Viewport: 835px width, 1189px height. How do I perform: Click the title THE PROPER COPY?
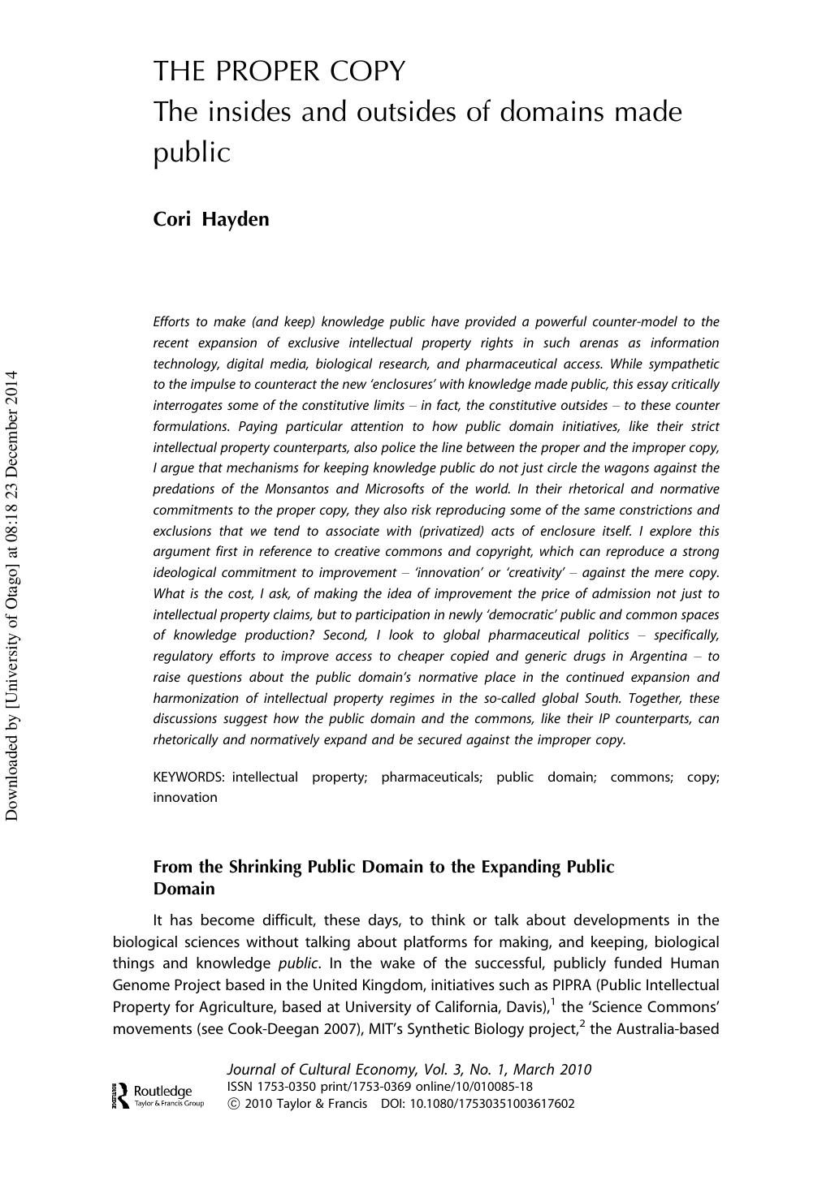point(279,72)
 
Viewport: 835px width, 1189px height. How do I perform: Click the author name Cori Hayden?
point(211,219)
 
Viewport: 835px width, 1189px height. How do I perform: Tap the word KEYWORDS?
point(188,777)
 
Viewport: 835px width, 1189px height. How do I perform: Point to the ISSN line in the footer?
point(379,1087)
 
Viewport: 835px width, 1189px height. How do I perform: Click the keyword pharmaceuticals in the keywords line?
point(431,777)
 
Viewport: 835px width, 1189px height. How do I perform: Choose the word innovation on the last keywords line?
point(185,797)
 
